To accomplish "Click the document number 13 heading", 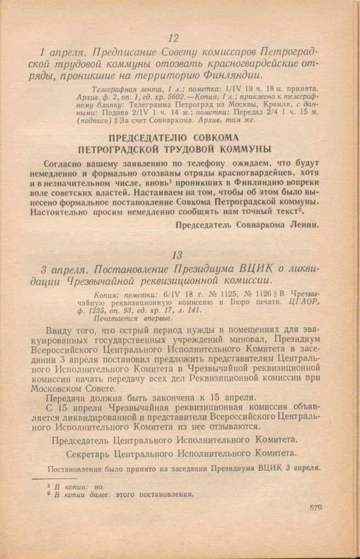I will (x=176, y=255).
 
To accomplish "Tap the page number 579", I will (x=314, y=508).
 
